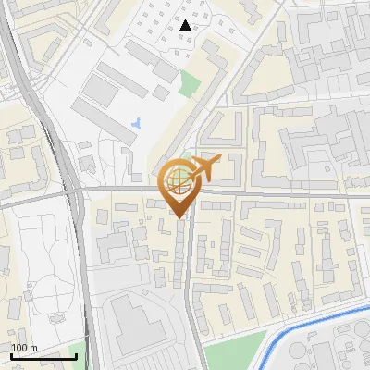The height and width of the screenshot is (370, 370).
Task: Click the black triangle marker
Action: click(186, 25)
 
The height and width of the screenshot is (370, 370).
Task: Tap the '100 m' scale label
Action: click(24, 347)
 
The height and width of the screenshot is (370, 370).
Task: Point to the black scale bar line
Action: click(43, 355)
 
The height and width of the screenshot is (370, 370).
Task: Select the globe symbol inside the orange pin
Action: click(179, 182)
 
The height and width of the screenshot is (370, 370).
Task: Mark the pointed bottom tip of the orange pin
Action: click(180, 218)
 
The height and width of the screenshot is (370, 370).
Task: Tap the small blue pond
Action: click(138, 122)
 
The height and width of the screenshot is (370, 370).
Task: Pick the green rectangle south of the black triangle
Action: click(190, 82)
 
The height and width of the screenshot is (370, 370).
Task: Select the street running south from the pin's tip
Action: click(191, 277)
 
